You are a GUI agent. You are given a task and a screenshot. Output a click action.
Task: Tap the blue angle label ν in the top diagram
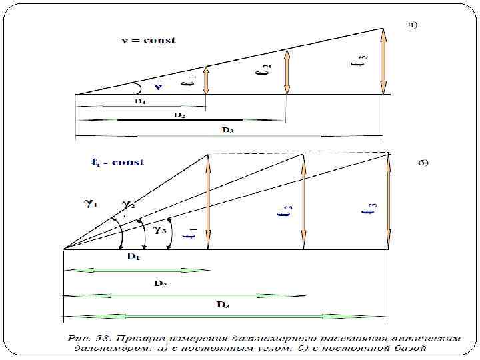[157, 87]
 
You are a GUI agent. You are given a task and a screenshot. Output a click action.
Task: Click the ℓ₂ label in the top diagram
[266, 69]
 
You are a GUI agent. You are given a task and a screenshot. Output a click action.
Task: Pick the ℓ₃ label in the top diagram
[361, 63]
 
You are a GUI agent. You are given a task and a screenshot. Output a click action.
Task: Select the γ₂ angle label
[127, 205]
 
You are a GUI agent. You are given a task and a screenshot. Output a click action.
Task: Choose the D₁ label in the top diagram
[140, 101]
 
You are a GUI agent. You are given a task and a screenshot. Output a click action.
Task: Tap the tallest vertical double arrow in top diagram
[383, 61]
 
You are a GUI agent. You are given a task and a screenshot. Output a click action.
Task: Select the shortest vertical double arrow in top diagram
[206, 80]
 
